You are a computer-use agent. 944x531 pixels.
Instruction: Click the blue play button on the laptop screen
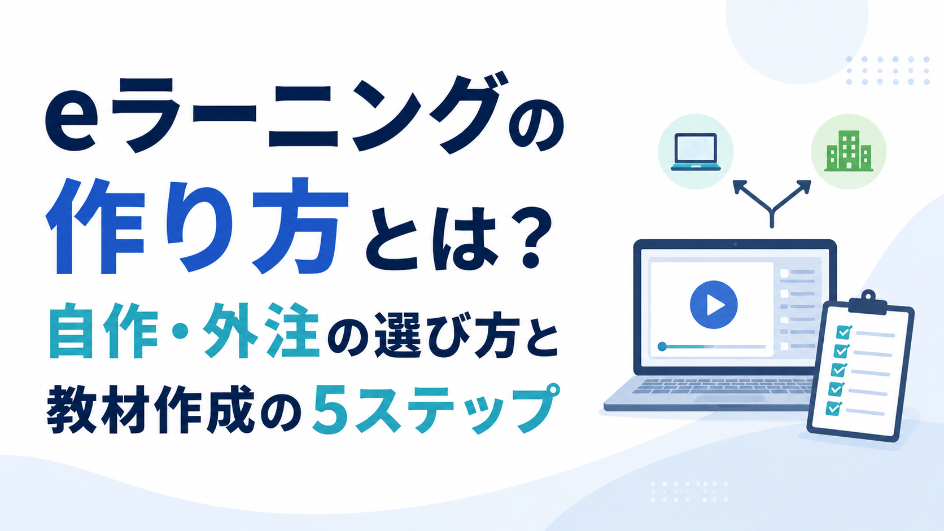[x=714, y=305]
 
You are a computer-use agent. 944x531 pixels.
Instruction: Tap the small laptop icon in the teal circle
[x=696, y=152]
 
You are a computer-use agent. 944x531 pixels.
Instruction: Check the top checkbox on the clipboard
[x=844, y=332]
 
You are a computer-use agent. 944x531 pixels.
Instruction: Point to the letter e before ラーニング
[x=71, y=125]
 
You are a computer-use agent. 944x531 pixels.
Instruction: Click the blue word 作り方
[x=197, y=226]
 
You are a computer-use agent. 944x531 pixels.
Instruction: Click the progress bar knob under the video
[x=662, y=346]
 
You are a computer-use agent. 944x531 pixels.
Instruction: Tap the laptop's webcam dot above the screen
[x=735, y=245]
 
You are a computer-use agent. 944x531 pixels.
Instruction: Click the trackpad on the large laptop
[x=730, y=398]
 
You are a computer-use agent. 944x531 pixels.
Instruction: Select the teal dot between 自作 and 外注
[x=180, y=332]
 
